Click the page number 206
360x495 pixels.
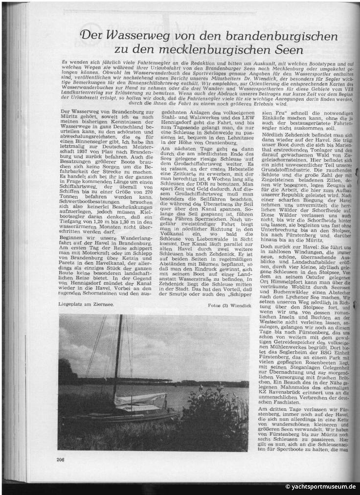click(61, 459)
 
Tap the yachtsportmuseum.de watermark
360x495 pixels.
click(320, 487)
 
